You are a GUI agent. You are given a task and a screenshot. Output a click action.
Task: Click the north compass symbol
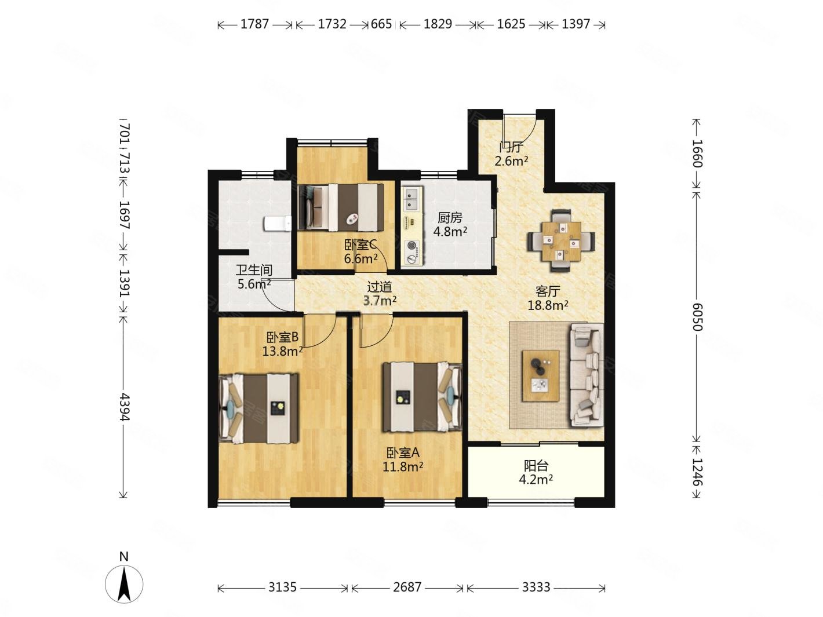(123, 583)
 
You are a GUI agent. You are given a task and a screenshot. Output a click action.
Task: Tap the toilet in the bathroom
(278, 224)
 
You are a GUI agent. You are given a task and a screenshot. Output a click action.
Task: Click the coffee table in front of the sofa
(540, 376)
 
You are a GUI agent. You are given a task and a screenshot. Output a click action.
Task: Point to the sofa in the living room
(587, 375)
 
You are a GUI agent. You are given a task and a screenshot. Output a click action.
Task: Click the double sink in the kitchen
(411, 199)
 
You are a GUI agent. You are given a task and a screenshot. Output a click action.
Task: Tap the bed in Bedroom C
(341, 207)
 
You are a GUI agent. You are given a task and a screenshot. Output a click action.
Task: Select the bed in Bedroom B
(258, 408)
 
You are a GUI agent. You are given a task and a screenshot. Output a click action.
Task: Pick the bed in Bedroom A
(422, 397)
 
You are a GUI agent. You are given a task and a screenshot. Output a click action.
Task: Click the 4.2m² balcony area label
(536, 479)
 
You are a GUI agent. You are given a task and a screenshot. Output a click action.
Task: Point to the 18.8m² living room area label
(548, 305)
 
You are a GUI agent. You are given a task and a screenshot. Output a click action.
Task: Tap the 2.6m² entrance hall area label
(511, 161)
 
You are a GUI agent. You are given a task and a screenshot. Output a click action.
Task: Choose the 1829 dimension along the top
(438, 24)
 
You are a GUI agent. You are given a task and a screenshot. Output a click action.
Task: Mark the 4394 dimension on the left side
(124, 407)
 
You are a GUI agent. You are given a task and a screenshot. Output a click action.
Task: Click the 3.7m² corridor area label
(380, 301)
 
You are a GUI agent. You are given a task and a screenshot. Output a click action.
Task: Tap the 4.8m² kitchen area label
(450, 232)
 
